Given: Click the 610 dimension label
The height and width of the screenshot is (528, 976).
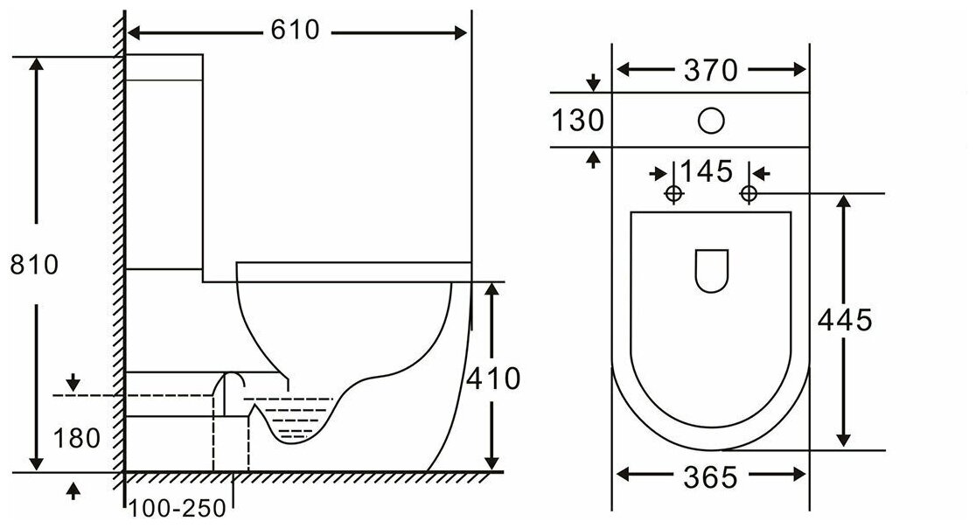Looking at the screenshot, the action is [x=295, y=30].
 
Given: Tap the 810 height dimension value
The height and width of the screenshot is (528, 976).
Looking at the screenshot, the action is [x=34, y=265].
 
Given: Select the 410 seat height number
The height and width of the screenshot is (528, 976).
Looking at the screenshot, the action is [x=493, y=379].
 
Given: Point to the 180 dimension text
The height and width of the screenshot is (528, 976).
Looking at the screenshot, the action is [x=77, y=439].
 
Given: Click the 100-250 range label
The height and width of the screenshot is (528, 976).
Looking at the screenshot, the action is [x=178, y=509].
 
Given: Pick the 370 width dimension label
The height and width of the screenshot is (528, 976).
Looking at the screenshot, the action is [x=711, y=70].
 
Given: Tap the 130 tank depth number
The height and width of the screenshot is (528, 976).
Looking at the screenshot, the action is [x=577, y=120].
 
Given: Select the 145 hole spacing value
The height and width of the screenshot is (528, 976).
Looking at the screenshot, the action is [x=707, y=171].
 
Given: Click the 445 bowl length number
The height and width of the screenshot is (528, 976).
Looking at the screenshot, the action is [x=845, y=320].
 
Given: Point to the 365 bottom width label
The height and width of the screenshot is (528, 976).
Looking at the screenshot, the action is [x=710, y=477].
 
